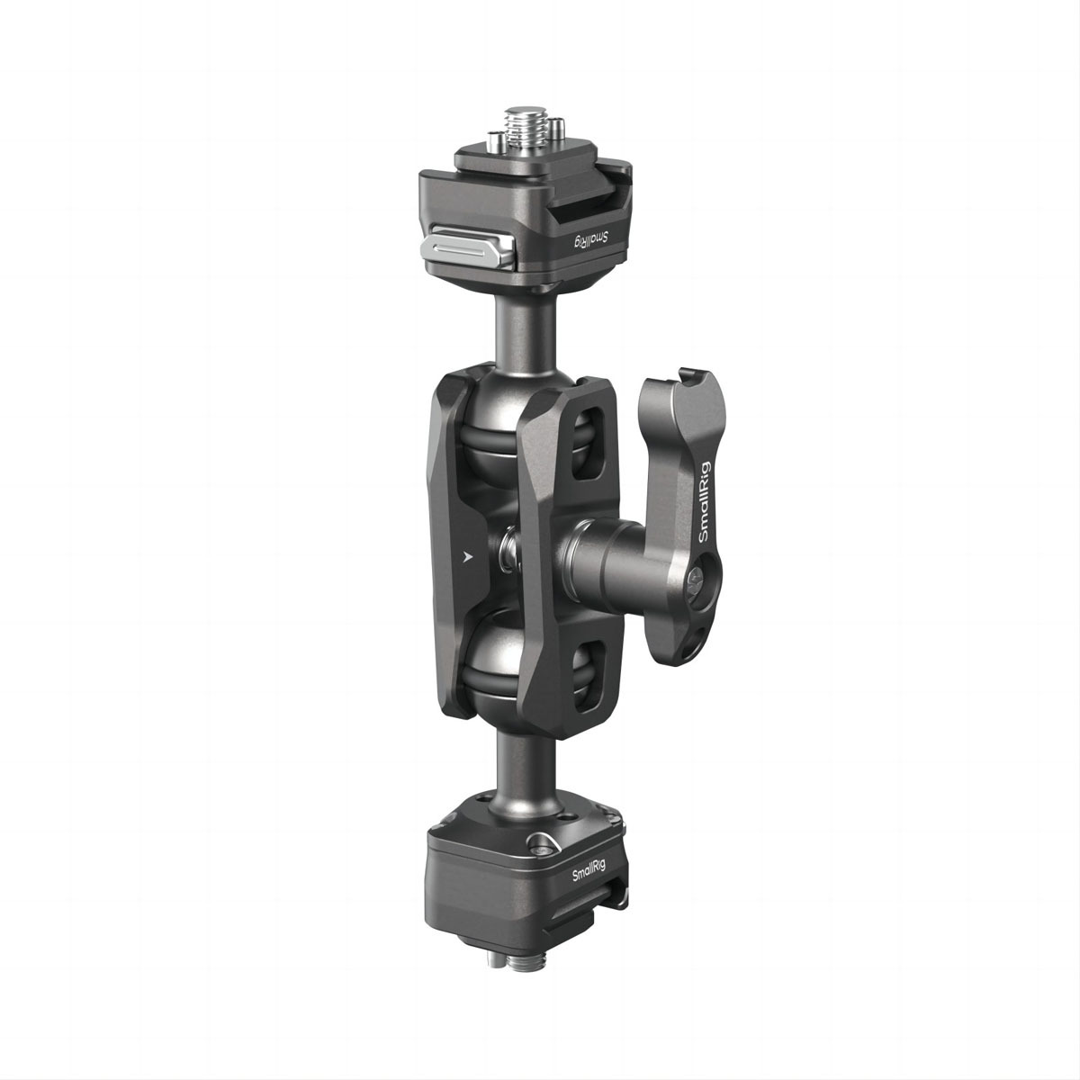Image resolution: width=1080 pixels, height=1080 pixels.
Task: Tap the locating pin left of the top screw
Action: [495, 139]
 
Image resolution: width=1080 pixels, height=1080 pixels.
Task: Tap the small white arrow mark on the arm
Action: [465, 556]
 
